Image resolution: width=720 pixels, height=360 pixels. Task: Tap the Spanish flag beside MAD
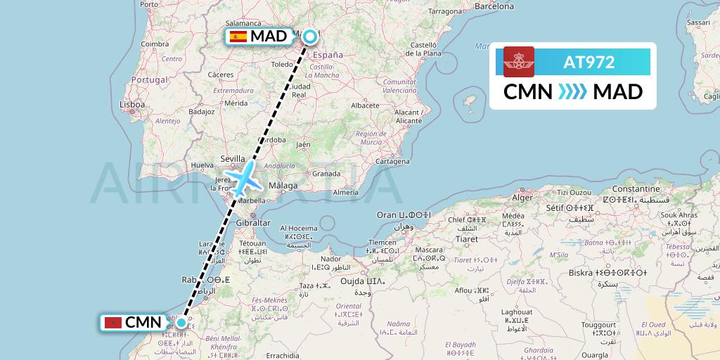pos(238,37)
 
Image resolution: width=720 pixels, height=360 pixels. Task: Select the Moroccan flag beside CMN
pos(112,323)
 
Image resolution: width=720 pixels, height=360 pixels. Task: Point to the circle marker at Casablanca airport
pos(181,323)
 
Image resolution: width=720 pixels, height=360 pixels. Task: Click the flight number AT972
pos(589,63)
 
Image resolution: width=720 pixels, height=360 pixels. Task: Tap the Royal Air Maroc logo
pos(519,62)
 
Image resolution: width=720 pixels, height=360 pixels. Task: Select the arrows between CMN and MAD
pos(572,92)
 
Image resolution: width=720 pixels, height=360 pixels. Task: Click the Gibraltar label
pos(254,223)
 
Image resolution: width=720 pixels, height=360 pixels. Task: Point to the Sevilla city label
pos(233,159)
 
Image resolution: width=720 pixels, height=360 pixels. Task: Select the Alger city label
pos(522,198)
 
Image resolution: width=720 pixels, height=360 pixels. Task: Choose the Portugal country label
pos(150,80)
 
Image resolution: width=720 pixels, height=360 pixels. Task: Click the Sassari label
pos(699,22)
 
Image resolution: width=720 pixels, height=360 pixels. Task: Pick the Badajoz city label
pos(201,111)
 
